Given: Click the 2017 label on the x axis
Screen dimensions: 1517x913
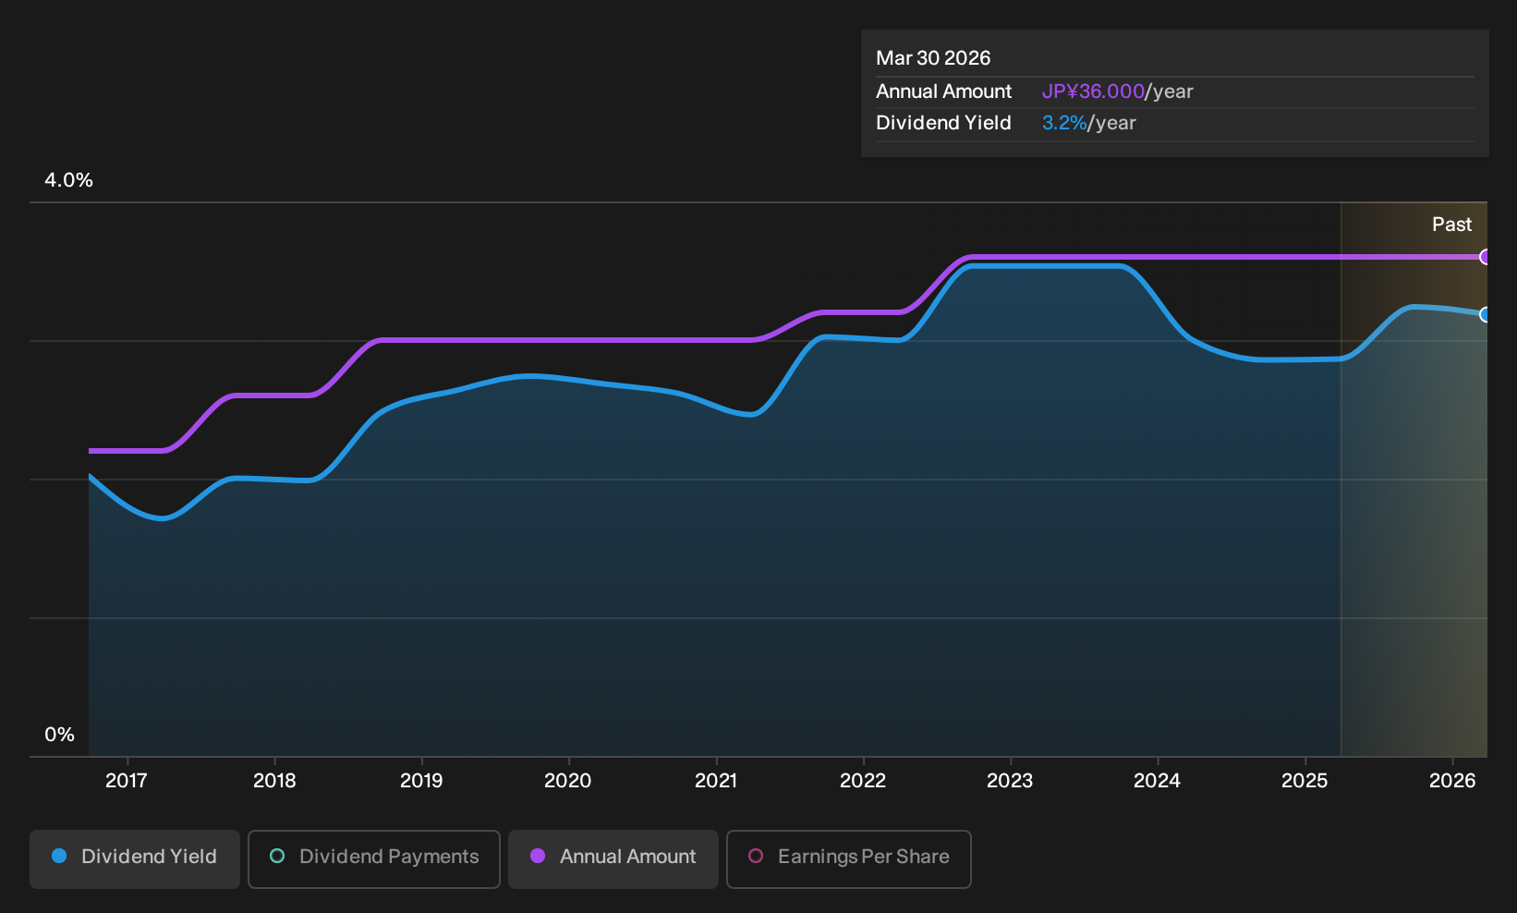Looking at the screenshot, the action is pyautogui.click(x=127, y=781).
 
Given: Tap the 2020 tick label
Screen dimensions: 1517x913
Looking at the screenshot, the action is pyautogui.click(x=567, y=781).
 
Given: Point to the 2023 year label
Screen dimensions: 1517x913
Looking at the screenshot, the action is pyautogui.click(x=1010, y=781).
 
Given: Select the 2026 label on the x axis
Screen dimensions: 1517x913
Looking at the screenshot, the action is pyautogui.click(x=1452, y=781).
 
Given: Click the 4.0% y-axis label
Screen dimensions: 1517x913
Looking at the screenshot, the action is pyautogui.click(x=68, y=180).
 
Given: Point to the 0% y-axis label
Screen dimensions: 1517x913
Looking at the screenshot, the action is pyautogui.click(x=60, y=735).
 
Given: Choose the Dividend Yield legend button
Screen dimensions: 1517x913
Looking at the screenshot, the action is pyautogui.click(x=135, y=858).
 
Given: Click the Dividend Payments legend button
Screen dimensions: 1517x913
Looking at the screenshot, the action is pyautogui.click(x=374, y=858).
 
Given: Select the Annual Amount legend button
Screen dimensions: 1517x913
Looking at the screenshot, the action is pyautogui.click(x=613, y=858).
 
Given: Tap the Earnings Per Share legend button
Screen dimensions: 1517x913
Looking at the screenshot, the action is pyautogui.click(x=848, y=858).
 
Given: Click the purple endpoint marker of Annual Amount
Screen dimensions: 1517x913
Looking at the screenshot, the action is pyautogui.click(x=1485, y=257).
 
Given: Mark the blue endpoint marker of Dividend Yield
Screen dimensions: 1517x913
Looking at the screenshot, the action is pyautogui.click(x=1485, y=314).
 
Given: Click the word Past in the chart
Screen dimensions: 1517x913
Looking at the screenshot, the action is pyautogui.click(x=1451, y=225).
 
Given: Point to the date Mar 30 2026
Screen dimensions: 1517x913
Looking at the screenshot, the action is pyautogui.click(x=932, y=58).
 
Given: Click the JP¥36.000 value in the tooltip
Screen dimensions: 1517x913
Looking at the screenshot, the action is pyautogui.click(x=1093, y=91).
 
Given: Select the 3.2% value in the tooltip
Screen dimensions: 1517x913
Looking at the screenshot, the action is pyautogui.click(x=1064, y=123).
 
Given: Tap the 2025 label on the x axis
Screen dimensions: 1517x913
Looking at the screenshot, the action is pyautogui.click(x=1305, y=781).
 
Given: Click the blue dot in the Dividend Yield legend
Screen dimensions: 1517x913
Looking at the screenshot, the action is pyautogui.click(x=59, y=856).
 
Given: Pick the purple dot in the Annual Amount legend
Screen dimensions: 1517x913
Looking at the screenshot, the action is pyautogui.click(x=537, y=856).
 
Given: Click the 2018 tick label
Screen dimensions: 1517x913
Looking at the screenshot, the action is pyautogui.click(x=274, y=781).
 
